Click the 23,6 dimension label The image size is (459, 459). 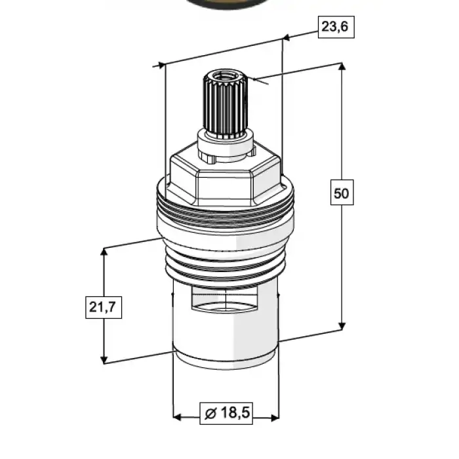(336, 27)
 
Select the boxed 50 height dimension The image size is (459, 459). (342, 192)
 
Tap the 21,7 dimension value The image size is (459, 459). (104, 308)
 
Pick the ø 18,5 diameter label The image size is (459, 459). (226, 413)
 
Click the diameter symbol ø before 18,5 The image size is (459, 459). (210, 413)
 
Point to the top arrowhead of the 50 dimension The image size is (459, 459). (342, 66)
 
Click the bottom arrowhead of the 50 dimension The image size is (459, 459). (342, 326)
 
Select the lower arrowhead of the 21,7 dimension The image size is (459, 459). (104, 359)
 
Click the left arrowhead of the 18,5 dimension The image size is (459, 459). (178, 418)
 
